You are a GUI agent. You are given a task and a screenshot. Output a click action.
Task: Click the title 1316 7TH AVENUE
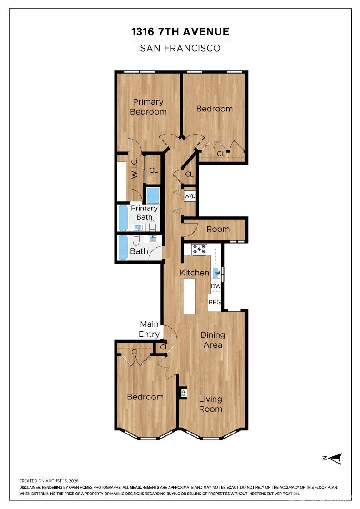pyautogui.click(x=180, y=32)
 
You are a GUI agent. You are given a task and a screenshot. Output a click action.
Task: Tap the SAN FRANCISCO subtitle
pyautogui.click(x=180, y=48)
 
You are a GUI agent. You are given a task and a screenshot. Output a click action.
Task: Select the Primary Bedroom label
pyautogui.click(x=148, y=107)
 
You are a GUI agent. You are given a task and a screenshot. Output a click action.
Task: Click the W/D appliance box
pyautogui.click(x=190, y=196)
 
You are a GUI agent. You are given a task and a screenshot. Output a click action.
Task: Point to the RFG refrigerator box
pyautogui.click(x=215, y=303)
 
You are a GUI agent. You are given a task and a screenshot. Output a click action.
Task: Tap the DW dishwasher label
pyautogui.click(x=216, y=286)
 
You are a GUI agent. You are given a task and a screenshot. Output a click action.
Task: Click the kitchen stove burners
pyautogui.click(x=199, y=250)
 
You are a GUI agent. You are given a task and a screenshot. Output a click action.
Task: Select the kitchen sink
pyautogui.click(x=216, y=272)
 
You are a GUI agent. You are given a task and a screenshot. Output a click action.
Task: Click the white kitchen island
pyautogui.click(x=190, y=296)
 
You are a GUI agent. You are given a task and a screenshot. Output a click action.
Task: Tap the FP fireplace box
pyautogui.click(x=184, y=393)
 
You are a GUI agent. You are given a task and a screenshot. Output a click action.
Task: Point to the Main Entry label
pyautogui.click(x=150, y=329)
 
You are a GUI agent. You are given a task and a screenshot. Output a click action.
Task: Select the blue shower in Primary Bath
pyautogui.click(x=153, y=196)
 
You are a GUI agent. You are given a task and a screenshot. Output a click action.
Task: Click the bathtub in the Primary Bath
pyautogui.click(x=123, y=218)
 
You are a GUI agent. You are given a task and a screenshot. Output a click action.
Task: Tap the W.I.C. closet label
pyautogui.click(x=135, y=168)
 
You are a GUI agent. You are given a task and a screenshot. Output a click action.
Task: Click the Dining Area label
pyautogui.click(x=213, y=340)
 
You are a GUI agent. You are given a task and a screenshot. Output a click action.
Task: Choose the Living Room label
pyautogui.click(x=210, y=404)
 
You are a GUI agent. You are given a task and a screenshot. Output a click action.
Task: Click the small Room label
pyautogui.click(x=218, y=229)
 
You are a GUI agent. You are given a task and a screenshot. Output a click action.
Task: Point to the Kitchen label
pyautogui.click(x=195, y=273)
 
